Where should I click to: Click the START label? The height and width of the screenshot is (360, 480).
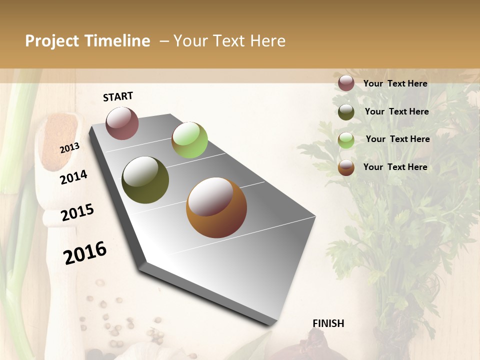pyautogui.click(x=118, y=96)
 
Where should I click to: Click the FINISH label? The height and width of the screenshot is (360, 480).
pyautogui.click(x=328, y=323)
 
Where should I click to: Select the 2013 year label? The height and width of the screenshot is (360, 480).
pyautogui.click(x=69, y=148)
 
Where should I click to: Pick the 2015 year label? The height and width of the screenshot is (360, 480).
pyautogui.click(x=77, y=212)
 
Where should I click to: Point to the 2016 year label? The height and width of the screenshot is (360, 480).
pyautogui.click(x=84, y=252)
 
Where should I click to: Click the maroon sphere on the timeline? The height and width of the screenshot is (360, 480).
pyautogui.click(x=122, y=123)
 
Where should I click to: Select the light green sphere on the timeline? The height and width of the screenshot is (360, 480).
pyautogui.click(x=189, y=139)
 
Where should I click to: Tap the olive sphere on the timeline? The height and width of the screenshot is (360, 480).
pyautogui.click(x=145, y=180)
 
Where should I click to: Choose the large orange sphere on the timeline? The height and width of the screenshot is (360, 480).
pyautogui.click(x=216, y=207)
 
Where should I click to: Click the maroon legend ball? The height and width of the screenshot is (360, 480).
pyautogui.click(x=346, y=83)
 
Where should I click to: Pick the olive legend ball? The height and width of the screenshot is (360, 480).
pyautogui.click(x=346, y=111)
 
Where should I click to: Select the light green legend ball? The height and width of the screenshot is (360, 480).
pyautogui.click(x=346, y=139)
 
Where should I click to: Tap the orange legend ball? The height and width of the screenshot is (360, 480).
pyautogui.click(x=346, y=167)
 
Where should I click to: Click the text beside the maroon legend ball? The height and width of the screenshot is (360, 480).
pyautogui.click(x=395, y=83)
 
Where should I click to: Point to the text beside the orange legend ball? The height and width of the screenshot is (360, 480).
pyautogui.click(x=395, y=167)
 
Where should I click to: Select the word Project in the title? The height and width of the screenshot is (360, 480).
pyautogui.click(x=52, y=41)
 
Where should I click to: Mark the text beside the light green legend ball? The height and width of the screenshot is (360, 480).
pyautogui.click(x=397, y=139)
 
